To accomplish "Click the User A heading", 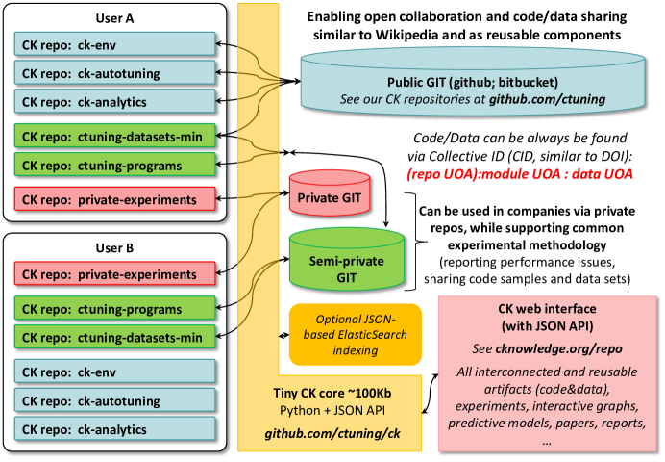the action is pos(114,18).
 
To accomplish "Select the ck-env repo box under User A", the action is pos(114,44).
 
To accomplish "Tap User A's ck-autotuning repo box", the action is pos(114,72).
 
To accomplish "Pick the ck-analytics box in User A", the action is pos(114,101).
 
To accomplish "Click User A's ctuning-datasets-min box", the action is pos(114,136).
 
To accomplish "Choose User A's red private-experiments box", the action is pos(114,198).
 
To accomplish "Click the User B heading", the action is pos(114,247).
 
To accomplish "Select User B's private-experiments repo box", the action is pos(114,274).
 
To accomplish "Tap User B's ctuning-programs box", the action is pos(114,308).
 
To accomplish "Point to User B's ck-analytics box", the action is pos(114,429).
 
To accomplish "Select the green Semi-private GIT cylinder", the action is pos(347,259).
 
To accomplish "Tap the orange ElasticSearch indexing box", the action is pos(356,335).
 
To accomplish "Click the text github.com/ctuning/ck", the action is pos(332,433).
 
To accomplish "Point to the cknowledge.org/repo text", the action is pos(558,348).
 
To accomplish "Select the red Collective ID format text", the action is pos(520,174).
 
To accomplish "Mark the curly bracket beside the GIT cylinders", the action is pos(415,242).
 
